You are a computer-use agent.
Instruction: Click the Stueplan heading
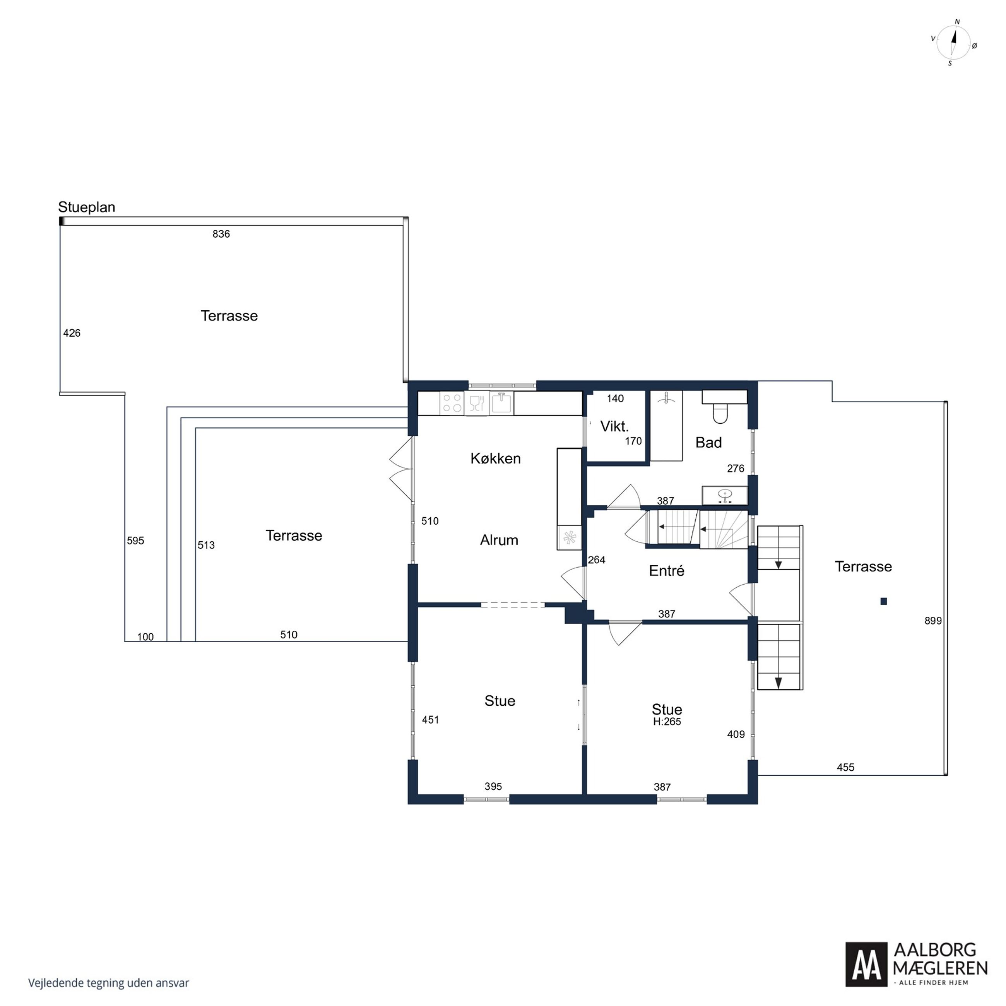[86, 207]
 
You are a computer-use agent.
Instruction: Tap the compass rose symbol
[953, 43]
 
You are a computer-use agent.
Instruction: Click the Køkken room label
[495, 458]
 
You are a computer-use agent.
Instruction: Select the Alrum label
[499, 540]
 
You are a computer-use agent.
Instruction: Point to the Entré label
[667, 571]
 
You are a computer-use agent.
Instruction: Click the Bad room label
[708, 443]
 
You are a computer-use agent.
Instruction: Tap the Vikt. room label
[614, 426]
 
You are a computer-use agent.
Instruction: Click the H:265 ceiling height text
[667, 722]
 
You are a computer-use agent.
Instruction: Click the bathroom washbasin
[725, 495]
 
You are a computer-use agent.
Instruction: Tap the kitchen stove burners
[452, 403]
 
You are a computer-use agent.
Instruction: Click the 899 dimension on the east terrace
[933, 621]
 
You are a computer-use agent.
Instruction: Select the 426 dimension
[72, 333]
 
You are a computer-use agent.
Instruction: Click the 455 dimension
[846, 767]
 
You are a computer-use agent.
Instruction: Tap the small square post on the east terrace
[884, 601]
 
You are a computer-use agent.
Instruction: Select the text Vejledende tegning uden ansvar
[108, 983]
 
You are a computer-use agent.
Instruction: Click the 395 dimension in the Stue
[493, 786]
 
